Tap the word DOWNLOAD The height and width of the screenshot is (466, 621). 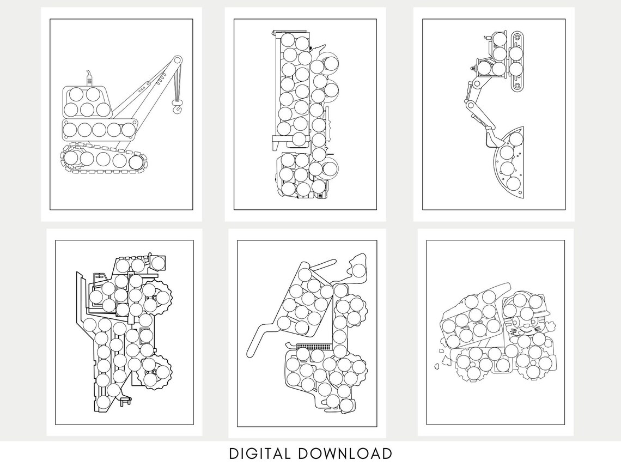pyautogui.click(x=345, y=453)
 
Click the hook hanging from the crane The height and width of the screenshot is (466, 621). pyautogui.click(x=177, y=106)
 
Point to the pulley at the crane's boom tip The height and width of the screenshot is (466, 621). pyautogui.click(x=178, y=60)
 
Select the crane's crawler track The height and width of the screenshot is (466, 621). pyautogui.click(x=103, y=159)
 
